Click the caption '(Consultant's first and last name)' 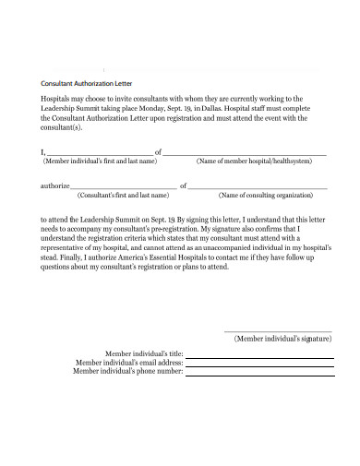pyautogui.click(x=123, y=196)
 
